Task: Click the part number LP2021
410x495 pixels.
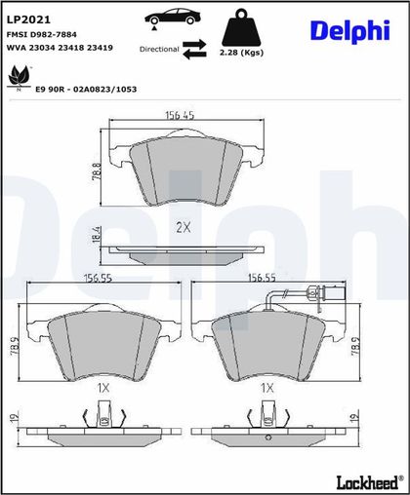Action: tap(28, 19)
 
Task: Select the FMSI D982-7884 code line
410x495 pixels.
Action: tap(42, 34)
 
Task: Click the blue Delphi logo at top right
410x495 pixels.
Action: tap(350, 31)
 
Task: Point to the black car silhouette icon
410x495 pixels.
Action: tap(173, 17)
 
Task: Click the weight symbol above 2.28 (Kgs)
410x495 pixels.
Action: tap(241, 27)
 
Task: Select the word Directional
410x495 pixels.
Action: tap(159, 50)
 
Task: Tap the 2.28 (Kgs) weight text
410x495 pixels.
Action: tap(241, 53)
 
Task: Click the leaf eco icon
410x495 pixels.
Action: tap(20, 77)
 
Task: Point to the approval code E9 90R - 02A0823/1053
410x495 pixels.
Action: tap(86, 90)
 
